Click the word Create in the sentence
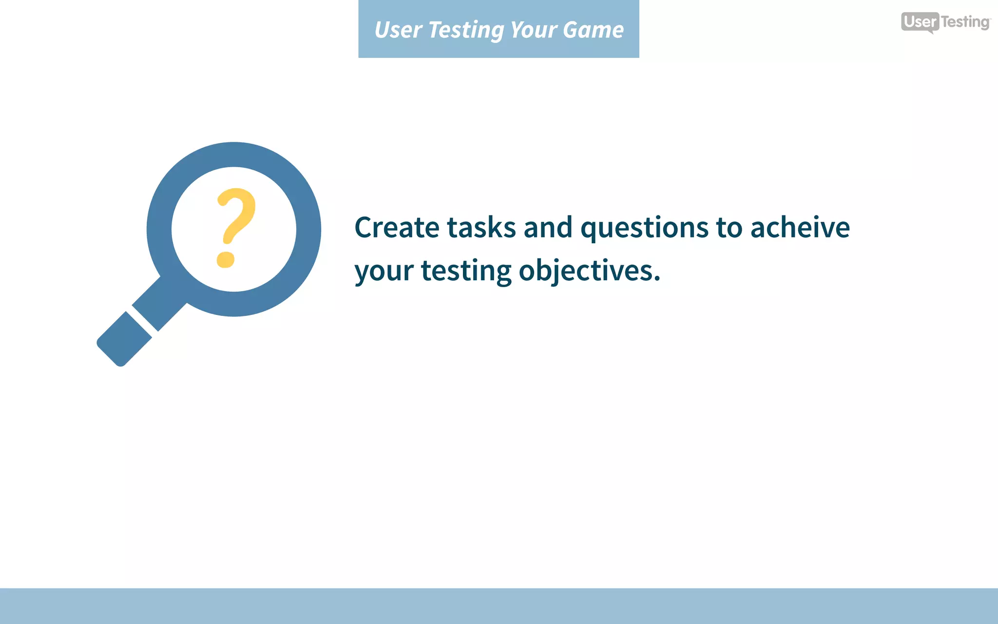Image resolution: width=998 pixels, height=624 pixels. coord(397,228)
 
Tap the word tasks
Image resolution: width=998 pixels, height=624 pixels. coord(481,228)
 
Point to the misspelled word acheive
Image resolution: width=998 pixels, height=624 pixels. coord(800,228)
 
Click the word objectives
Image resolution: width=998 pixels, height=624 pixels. coord(585,271)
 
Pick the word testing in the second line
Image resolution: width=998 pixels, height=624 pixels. coord(466,272)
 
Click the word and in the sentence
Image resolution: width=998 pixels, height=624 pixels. coord(548,228)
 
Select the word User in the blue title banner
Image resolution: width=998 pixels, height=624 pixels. coord(398,30)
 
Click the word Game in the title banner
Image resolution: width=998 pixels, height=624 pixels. coord(593,30)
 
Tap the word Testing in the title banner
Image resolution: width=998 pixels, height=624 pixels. coord(465,31)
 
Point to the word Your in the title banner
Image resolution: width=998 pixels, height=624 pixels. coord(534,30)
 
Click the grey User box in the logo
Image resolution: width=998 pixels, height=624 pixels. coord(920,22)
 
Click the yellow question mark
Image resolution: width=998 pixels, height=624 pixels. coord(236,217)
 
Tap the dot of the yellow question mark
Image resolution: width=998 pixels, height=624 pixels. coord(226,259)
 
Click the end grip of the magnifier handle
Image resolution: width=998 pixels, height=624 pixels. coord(124,339)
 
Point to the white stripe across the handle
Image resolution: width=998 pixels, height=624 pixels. coord(142,321)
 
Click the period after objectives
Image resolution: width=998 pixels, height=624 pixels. coord(657,279)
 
